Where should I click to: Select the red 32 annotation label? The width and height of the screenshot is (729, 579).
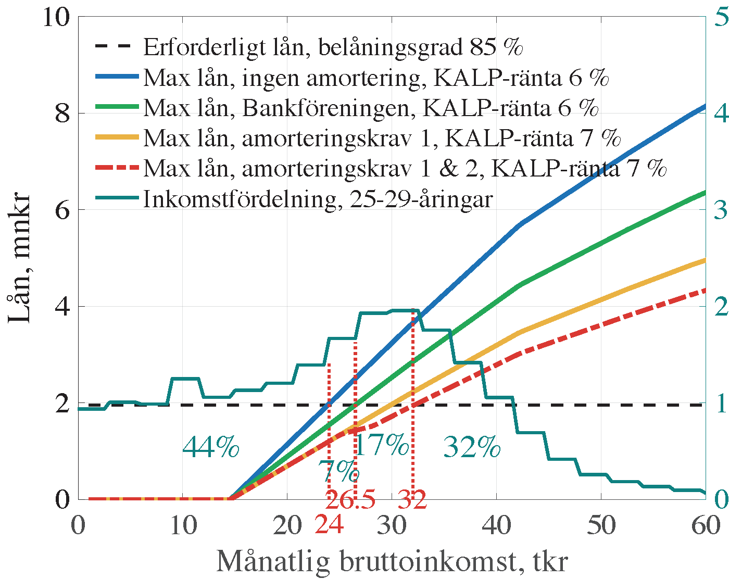coord(412,500)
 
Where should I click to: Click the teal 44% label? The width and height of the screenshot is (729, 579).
coord(211,447)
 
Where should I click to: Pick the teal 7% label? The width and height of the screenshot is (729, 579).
coord(339,472)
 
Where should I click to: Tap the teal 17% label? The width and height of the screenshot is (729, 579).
coord(382,445)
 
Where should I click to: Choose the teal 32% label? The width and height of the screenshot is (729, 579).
coord(472,447)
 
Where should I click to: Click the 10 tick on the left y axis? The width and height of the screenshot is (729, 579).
coord(56,18)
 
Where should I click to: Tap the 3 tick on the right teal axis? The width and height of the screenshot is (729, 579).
coord(721,210)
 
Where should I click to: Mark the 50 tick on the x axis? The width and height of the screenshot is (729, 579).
coord(601,526)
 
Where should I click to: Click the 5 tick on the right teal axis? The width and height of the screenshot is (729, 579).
coord(721,18)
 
